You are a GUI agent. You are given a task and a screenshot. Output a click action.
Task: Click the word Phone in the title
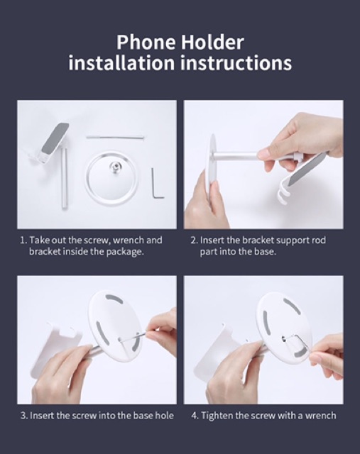pos(146,43)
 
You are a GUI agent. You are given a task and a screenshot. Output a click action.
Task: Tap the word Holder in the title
pos(212,43)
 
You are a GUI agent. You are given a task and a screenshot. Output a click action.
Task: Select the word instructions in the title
pos(236,63)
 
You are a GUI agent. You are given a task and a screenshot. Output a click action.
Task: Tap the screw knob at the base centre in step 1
pos(114,166)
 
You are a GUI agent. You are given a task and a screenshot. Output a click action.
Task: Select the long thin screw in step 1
pos(115,138)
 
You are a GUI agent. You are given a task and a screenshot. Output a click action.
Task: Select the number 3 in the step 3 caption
pos(23,416)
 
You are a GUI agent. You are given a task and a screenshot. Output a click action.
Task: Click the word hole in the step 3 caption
pos(165,416)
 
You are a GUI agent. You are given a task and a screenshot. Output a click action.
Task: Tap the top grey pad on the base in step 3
pos(114,299)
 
